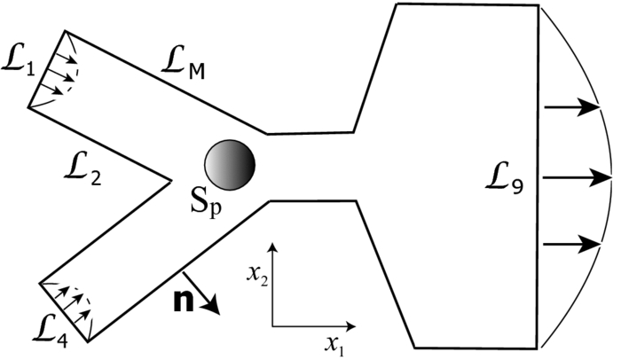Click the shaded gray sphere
pos(231,163)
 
